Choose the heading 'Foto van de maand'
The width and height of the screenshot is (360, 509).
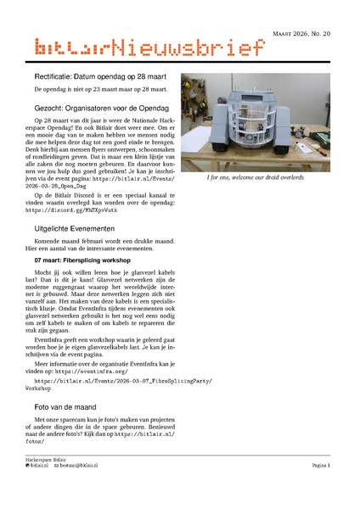pos(67,406)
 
